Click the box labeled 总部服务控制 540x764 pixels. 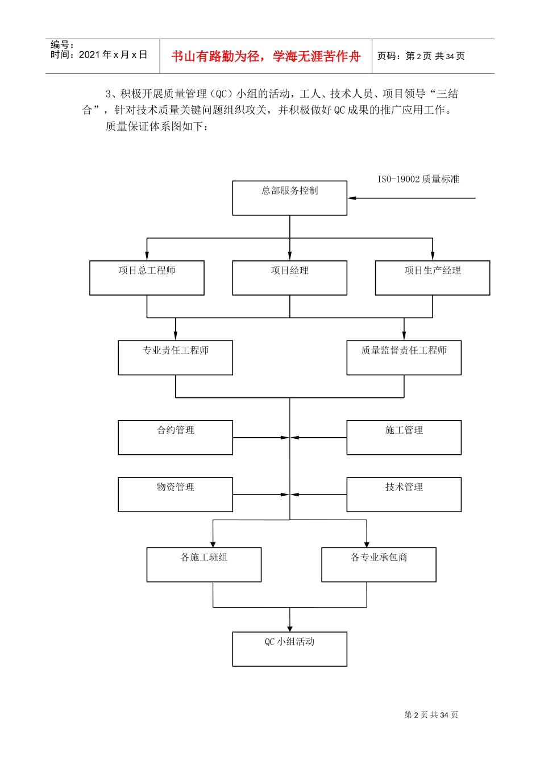point(289,198)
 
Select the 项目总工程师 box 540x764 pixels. point(147,277)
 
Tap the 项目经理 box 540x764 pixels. point(289,277)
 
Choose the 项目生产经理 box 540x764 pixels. point(432,277)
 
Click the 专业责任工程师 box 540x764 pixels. point(175,358)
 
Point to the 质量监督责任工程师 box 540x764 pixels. point(404,358)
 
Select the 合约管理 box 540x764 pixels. point(175,437)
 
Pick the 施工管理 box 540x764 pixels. point(404,437)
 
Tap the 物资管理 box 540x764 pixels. point(175,494)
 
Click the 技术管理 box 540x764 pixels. point(404,494)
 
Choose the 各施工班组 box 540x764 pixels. point(204,564)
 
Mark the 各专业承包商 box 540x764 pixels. point(379,564)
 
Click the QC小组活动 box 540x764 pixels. point(289,649)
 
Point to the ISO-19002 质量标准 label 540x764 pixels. point(418,180)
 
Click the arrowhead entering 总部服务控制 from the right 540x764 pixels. point(352,198)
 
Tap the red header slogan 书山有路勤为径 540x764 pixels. point(266,56)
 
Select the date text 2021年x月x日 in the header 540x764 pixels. point(113,55)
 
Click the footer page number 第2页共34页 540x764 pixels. point(431,715)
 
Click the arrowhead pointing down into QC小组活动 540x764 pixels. point(290,628)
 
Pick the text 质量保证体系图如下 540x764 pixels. point(157,126)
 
